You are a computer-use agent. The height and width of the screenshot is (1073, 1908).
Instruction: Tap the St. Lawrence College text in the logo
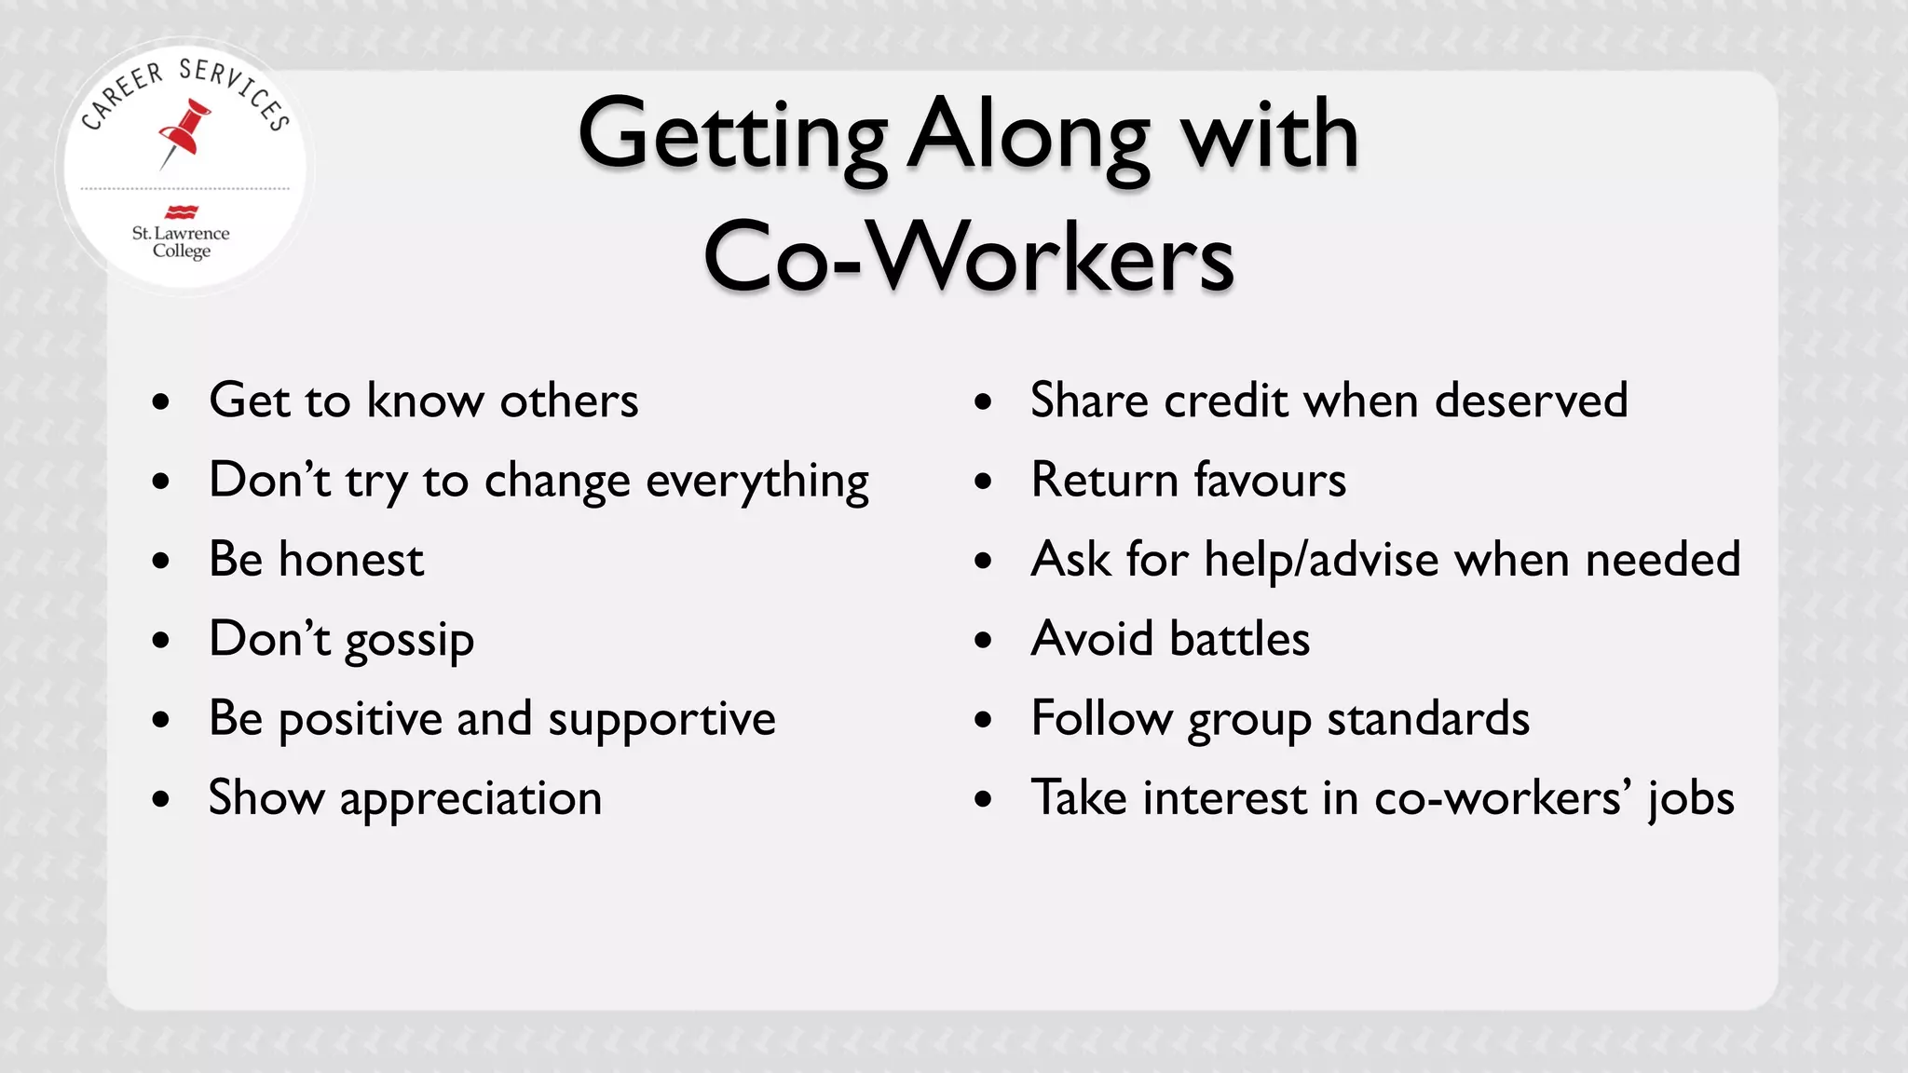click(181, 241)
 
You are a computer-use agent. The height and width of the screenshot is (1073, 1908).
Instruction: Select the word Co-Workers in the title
click(969, 257)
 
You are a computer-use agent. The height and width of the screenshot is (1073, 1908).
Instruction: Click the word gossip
click(409, 641)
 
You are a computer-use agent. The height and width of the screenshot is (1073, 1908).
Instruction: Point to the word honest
click(351, 560)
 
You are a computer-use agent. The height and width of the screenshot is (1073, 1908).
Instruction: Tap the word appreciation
click(470, 799)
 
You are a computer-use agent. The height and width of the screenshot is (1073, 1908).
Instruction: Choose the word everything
click(756, 482)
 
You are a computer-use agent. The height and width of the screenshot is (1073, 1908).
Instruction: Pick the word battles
click(1239, 640)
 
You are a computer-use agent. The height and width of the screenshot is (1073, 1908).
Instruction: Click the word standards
click(1428, 719)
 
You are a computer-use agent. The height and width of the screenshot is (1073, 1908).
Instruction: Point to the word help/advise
click(1321, 561)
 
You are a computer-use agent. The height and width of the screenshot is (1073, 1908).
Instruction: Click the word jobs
click(1691, 799)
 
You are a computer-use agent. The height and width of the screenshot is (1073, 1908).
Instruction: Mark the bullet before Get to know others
click(161, 402)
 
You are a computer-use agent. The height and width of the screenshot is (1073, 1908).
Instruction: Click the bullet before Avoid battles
click(983, 641)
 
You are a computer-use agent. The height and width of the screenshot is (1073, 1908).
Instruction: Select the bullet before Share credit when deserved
click(983, 402)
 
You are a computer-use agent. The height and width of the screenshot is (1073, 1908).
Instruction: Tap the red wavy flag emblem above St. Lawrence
click(181, 211)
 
